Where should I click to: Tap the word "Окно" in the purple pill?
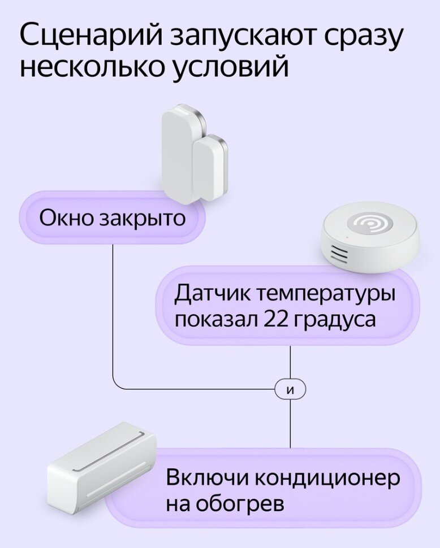pyautogui.click(x=66, y=218)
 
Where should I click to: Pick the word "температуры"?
pyautogui.click(x=326, y=295)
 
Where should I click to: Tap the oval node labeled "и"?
pyautogui.click(x=290, y=389)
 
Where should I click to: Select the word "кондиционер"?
pyautogui.click(x=327, y=478)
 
